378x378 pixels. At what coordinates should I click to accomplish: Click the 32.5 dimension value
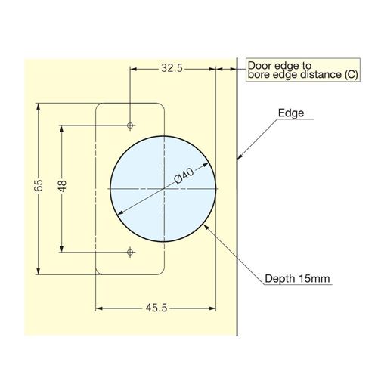click(172, 68)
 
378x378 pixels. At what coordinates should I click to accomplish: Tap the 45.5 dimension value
click(156, 308)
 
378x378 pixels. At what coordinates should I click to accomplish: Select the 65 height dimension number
click(39, 185)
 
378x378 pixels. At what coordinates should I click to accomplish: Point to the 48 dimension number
click(62, 186)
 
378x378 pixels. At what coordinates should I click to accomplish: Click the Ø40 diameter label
click(184, 175)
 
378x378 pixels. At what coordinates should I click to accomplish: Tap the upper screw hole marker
click(130, 125)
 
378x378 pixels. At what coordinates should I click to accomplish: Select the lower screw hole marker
click(130, 252)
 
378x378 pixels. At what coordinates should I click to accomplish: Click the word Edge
click(291, 113)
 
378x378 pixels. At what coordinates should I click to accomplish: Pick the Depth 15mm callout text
click(297, 279)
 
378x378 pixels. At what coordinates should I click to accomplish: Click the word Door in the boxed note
click(260, 66)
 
